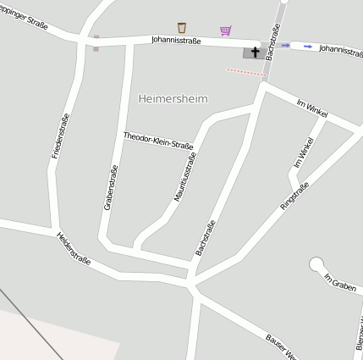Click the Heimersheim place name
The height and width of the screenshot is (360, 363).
pos(172,99)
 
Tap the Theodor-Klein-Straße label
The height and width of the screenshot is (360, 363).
pos(158,141)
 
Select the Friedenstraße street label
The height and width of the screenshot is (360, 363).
pos(61,136)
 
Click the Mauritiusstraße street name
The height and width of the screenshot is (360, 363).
pos(184,177)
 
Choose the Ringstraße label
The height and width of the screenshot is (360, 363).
pos(294,195)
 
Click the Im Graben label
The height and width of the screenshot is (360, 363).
pos(340,282)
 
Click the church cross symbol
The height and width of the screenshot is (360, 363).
pos(254,53)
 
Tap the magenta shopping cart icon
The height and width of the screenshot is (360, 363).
pos(225,31)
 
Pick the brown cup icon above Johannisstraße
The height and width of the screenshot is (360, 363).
pos(181,29)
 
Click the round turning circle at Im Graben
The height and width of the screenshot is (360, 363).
pos(317,265)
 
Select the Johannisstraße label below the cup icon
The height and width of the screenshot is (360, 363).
pos(176,41)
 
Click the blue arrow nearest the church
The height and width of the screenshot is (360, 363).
pos(285,45)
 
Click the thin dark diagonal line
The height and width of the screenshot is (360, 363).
pos(30,322)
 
